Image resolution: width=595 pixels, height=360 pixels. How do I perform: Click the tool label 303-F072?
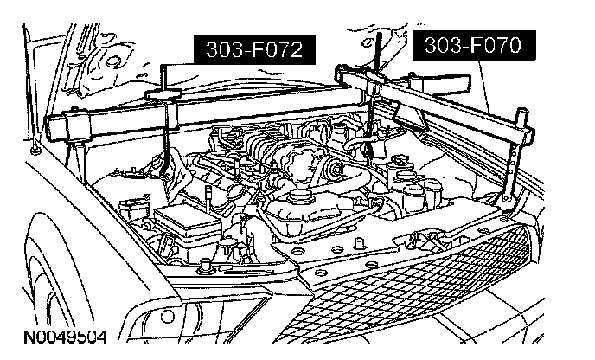[x=253, y=51]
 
